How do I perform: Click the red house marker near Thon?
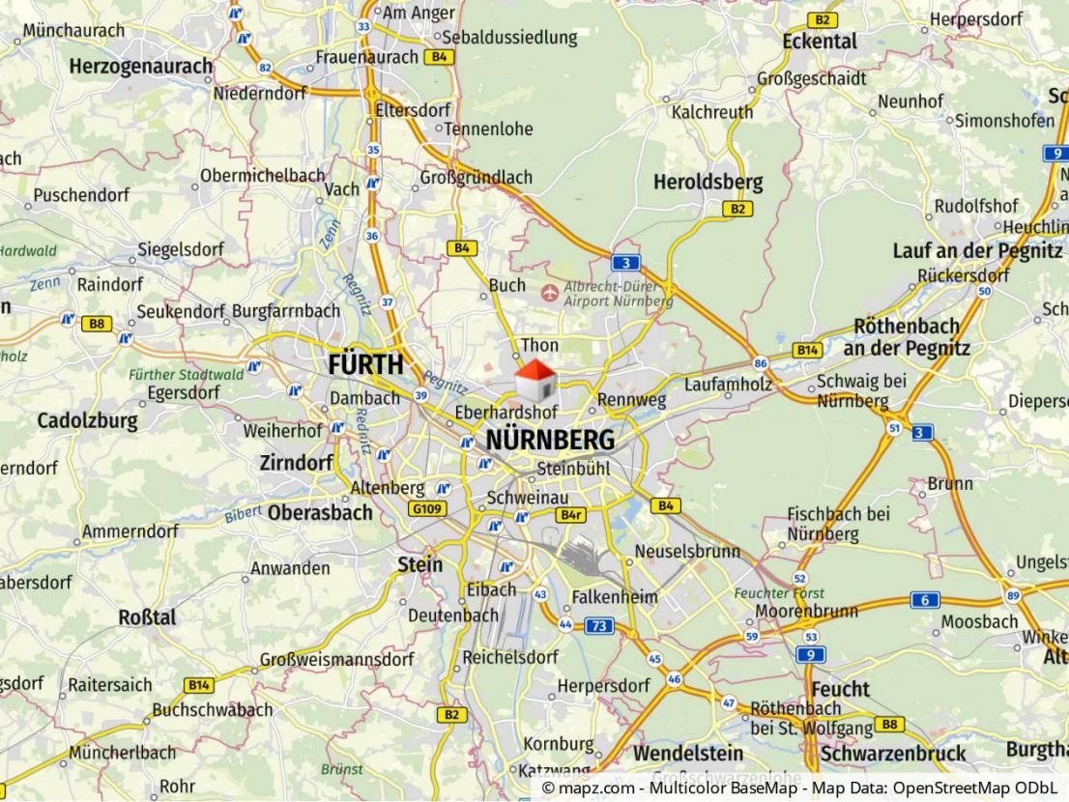click(534, 381)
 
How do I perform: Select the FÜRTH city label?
click(365, 365)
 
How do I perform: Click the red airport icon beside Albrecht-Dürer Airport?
click(550, 291)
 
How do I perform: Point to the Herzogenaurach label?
click(140, 67)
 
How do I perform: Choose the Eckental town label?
click(820, 42)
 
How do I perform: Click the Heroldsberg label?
click(708, 182)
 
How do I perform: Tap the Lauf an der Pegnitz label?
click(976, 251)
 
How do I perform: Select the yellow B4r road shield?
click(572, 515)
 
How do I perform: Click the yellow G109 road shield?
click(426, 508)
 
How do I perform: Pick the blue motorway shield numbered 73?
click(599, 626)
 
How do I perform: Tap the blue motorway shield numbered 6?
click(924, 600)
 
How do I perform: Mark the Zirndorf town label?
click(296, 463)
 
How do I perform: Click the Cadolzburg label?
click(87, 421)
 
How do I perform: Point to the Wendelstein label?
click(688, 753)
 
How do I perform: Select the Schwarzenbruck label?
click(892, 754)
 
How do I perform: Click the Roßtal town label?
click(147, 616)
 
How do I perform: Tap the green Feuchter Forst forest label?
click(771, 592)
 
